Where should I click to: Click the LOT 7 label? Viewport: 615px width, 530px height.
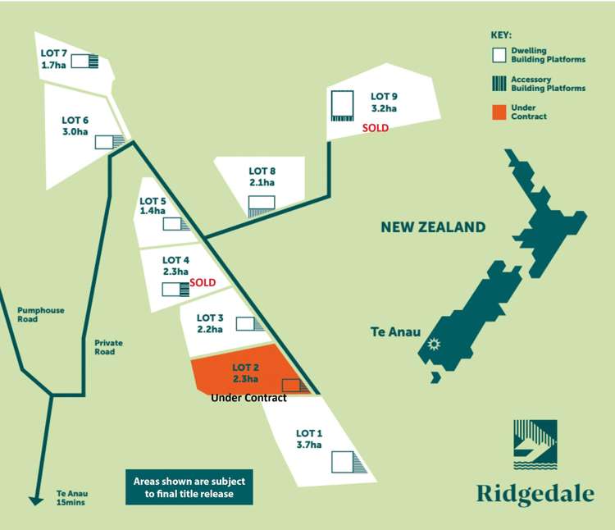click(x=54, y=53)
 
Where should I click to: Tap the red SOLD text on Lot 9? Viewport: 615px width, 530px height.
click(x=376, y=128)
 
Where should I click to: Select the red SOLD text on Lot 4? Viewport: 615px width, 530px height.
click(x=203, y=282)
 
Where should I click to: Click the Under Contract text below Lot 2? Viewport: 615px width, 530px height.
click(x=248, y=398)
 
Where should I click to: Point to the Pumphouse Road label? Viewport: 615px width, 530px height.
click(x=41, y=316)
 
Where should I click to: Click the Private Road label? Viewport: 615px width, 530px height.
click(x=105, y=347)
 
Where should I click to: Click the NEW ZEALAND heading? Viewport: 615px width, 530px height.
click(x=433, y=227)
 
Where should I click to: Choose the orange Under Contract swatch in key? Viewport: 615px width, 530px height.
click(x=499, y=112)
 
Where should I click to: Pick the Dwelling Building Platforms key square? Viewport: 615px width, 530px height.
click(x=499, y=56)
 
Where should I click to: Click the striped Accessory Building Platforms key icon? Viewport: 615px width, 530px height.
click(x=499, y=83)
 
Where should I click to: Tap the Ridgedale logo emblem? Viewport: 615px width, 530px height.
click(x=535, y=448)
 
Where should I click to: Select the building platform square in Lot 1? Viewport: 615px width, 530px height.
click(x=343, y=462)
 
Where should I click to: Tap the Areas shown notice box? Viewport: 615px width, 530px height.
click(x=189, y=487)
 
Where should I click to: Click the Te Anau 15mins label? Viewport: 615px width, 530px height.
click(x=71, y=498)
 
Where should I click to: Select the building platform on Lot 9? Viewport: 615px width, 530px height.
click(x=342, y=105)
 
